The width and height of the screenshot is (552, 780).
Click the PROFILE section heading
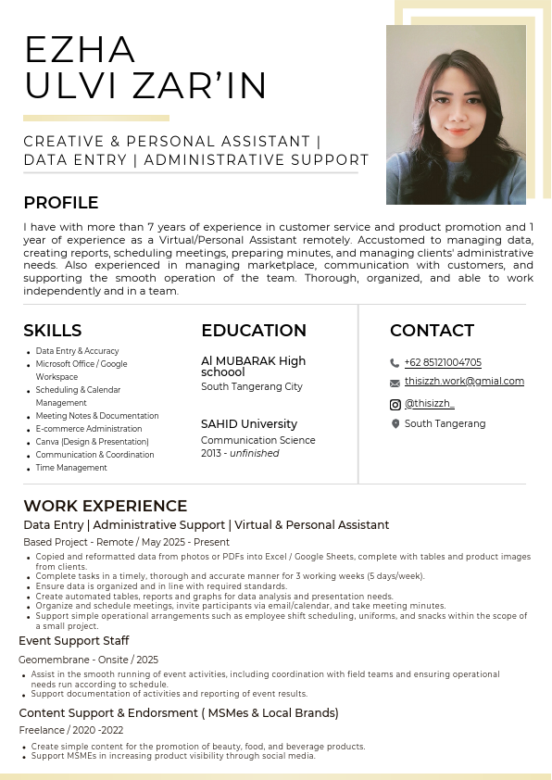tap(61, 203)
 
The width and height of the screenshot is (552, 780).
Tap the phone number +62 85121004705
tap(443, 362)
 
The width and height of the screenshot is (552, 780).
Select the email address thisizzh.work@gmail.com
tap(464, 381)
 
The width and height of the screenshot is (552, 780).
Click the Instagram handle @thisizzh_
tap(430, 404)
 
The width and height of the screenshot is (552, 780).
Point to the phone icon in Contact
tap(395, 363)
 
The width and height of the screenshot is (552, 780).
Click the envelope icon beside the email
tap(395, 382)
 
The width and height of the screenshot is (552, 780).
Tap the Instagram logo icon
tap(395, 405)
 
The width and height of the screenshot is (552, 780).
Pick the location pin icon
tap(395, 424)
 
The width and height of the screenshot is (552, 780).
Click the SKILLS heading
tap(53, 331)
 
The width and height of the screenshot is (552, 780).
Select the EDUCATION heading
tap(254, 331)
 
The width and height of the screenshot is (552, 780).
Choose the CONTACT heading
tap(432, 331)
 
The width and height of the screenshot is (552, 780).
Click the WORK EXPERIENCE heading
tap(106, 506)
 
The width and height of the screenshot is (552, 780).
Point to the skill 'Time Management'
tap(71, 468)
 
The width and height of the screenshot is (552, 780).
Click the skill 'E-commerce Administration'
tap(89, 429)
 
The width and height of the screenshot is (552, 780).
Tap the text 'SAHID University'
tap(249, 424)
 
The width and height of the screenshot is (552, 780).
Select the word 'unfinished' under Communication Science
tap(255, 454)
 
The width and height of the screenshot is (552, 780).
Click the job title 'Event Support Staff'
tap(74, 641)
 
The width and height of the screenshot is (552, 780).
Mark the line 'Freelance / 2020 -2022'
tap(70, 731)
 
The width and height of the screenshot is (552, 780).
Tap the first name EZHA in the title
tap(81, 49)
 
